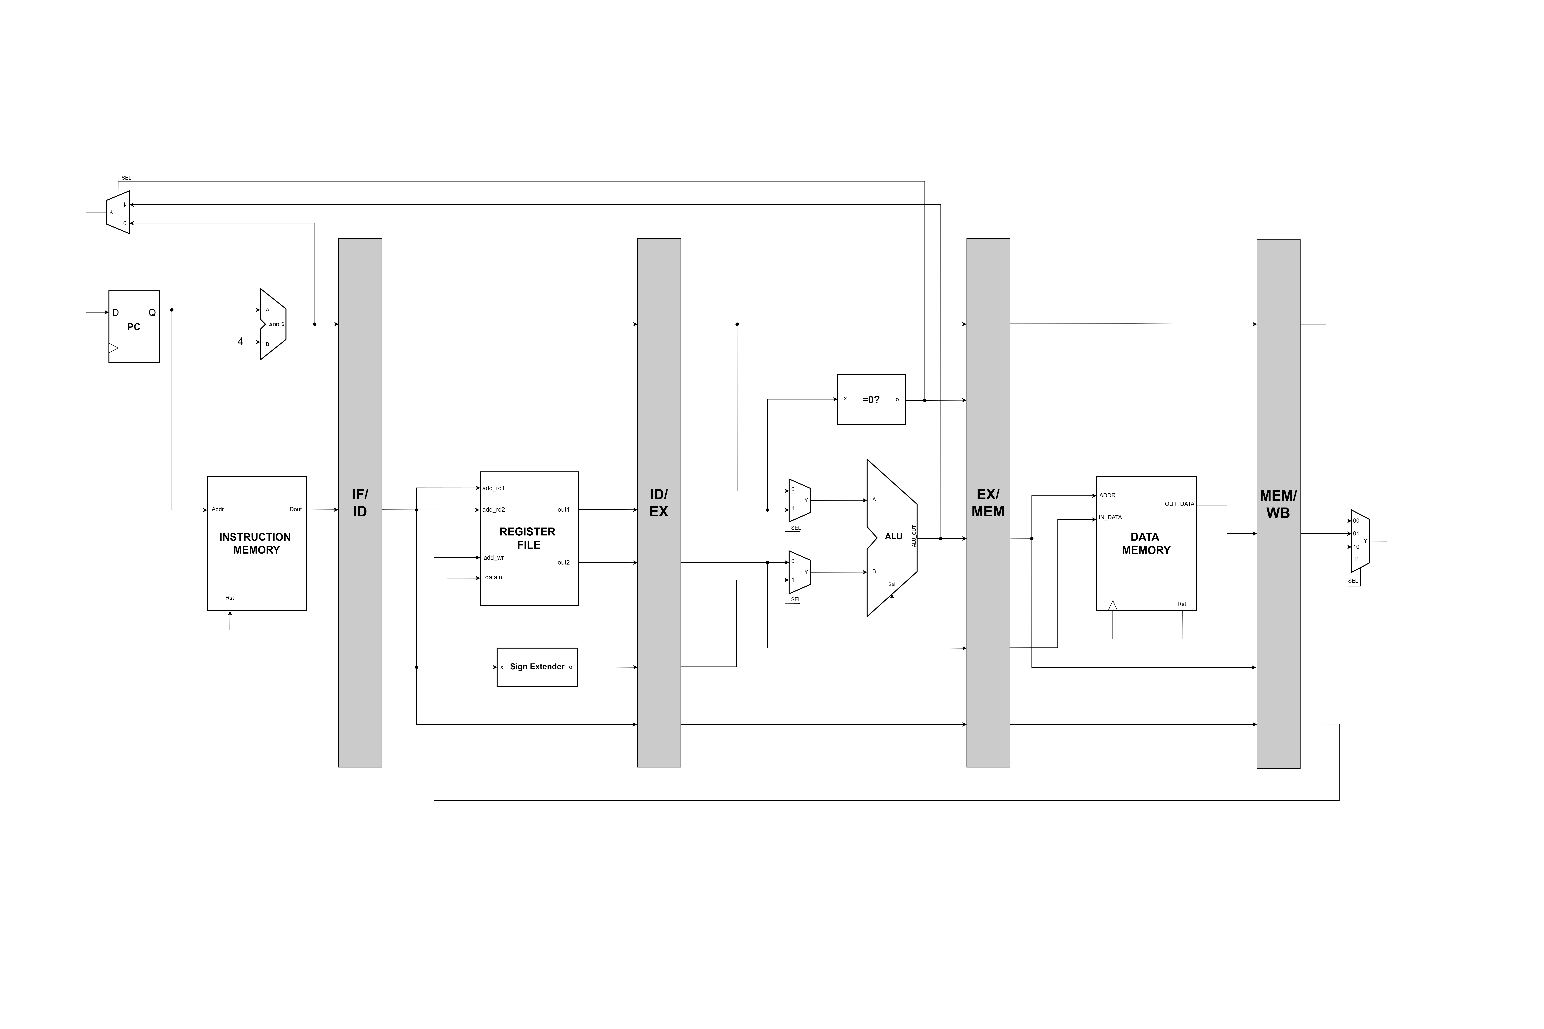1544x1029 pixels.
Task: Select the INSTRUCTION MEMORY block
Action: pos(256,543)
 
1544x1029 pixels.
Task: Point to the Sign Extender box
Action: pos(537,667)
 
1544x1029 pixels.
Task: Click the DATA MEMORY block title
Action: pos(1145,543)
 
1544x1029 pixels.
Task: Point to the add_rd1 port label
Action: pos(493,488)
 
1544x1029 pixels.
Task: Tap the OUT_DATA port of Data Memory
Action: pos(1179,504)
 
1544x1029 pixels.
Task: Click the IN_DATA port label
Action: pos(1110,517)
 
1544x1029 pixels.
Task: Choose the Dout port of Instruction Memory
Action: pos(295,509)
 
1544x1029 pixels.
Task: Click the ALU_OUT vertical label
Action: pos(914,536)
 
